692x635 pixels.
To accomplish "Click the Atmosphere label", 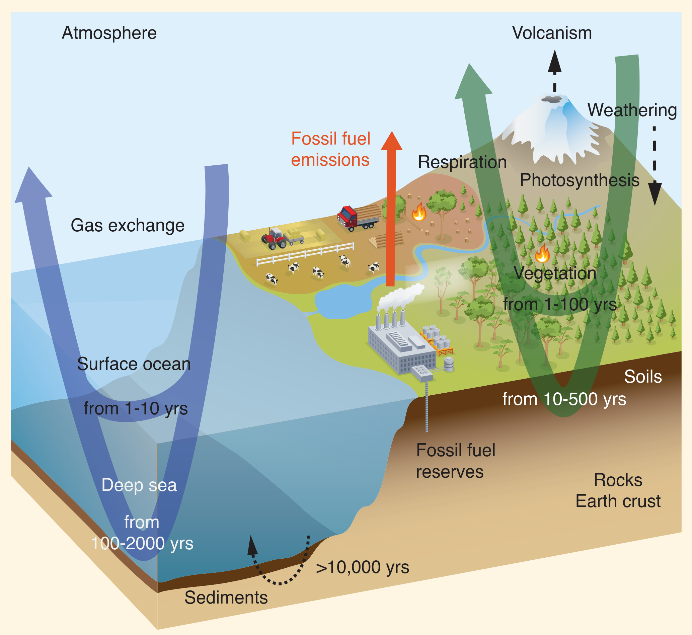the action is click(x=109, y=33).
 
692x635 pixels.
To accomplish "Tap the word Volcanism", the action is click(x=552, y=33).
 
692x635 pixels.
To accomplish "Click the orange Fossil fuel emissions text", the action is click(x=330, y=149).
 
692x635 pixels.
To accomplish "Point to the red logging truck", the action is click(x=358, y=218).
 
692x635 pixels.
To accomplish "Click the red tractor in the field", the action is click(x=274, y=238).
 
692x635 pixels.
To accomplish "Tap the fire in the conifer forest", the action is click(x=542, y=254).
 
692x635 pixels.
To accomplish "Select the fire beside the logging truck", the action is click(x=419, y=212).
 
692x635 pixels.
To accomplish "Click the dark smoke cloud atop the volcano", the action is click(x=552, y=99).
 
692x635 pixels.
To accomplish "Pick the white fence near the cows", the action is click(x=305, y=254).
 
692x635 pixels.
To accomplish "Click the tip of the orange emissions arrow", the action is click(x=392, y=131).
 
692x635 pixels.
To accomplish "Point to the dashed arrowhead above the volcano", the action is click(x=554, y=62).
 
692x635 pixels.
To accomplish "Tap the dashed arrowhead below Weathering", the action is click(x=655, y=193).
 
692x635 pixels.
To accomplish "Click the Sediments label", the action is click(x=226, y=598).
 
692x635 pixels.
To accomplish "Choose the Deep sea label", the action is click(x=139, y=485).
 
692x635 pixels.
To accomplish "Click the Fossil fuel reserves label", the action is click(x=456, y=461).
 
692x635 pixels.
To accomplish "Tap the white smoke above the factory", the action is click(x=401, y=297).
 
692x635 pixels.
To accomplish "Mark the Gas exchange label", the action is click(x=128, y=226).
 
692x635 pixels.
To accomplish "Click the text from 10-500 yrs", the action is click(x=564, y=399).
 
